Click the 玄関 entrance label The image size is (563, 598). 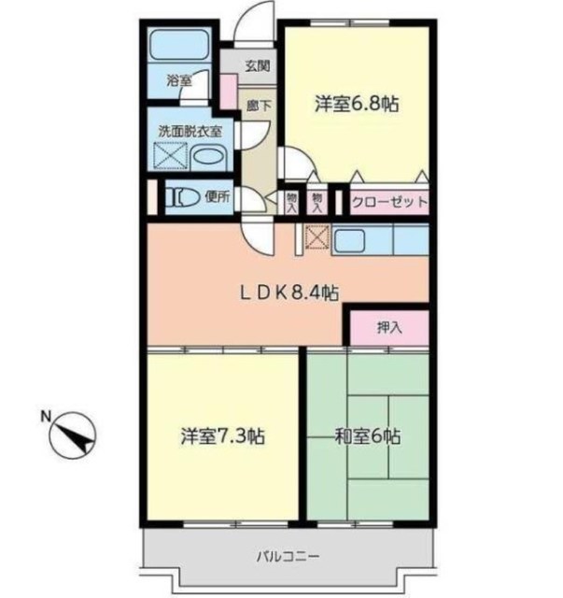coord(258,66)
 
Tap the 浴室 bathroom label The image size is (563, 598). coord(178,80)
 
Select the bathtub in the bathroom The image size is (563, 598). coord(178,44)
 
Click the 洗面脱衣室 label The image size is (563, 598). coord(190,132)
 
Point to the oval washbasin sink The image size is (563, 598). coord(208,158)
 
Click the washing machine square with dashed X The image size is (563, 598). coord(170,155)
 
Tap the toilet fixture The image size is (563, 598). coord(182,197)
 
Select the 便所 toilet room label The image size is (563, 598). coord(218,197)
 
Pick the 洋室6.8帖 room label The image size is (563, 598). coord(357,104)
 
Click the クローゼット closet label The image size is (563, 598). coord(389,202)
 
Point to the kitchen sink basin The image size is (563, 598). coord(349,241)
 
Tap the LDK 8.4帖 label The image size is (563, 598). coord(289,292)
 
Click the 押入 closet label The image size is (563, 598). coord(389,328)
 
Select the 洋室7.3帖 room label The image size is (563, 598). coord(223,436)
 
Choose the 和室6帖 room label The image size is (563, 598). coord(368,436)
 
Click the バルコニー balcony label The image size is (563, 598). coord(288,557)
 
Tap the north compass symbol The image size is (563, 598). coord(73,435)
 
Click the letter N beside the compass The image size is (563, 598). coord(46,416)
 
